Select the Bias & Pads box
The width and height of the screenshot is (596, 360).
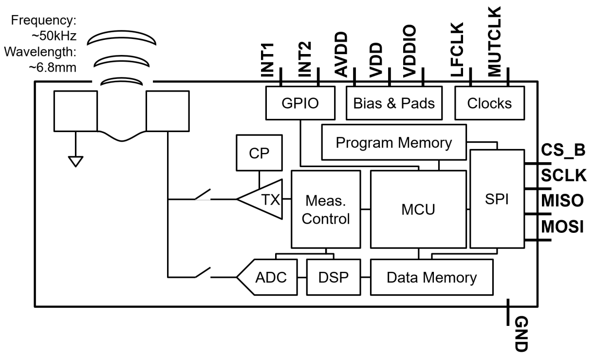click(394, 103)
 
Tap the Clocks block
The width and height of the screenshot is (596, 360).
click(489, 103)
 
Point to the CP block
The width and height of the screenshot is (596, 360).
click(259, 153)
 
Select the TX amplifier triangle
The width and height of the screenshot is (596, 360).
click(263, 199)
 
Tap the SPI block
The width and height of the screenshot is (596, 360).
click(496, 200)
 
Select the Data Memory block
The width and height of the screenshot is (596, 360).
click(431, 278)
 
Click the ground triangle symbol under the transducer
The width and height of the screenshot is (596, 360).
click(75, 161)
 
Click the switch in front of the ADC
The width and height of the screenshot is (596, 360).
click(203, 273)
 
